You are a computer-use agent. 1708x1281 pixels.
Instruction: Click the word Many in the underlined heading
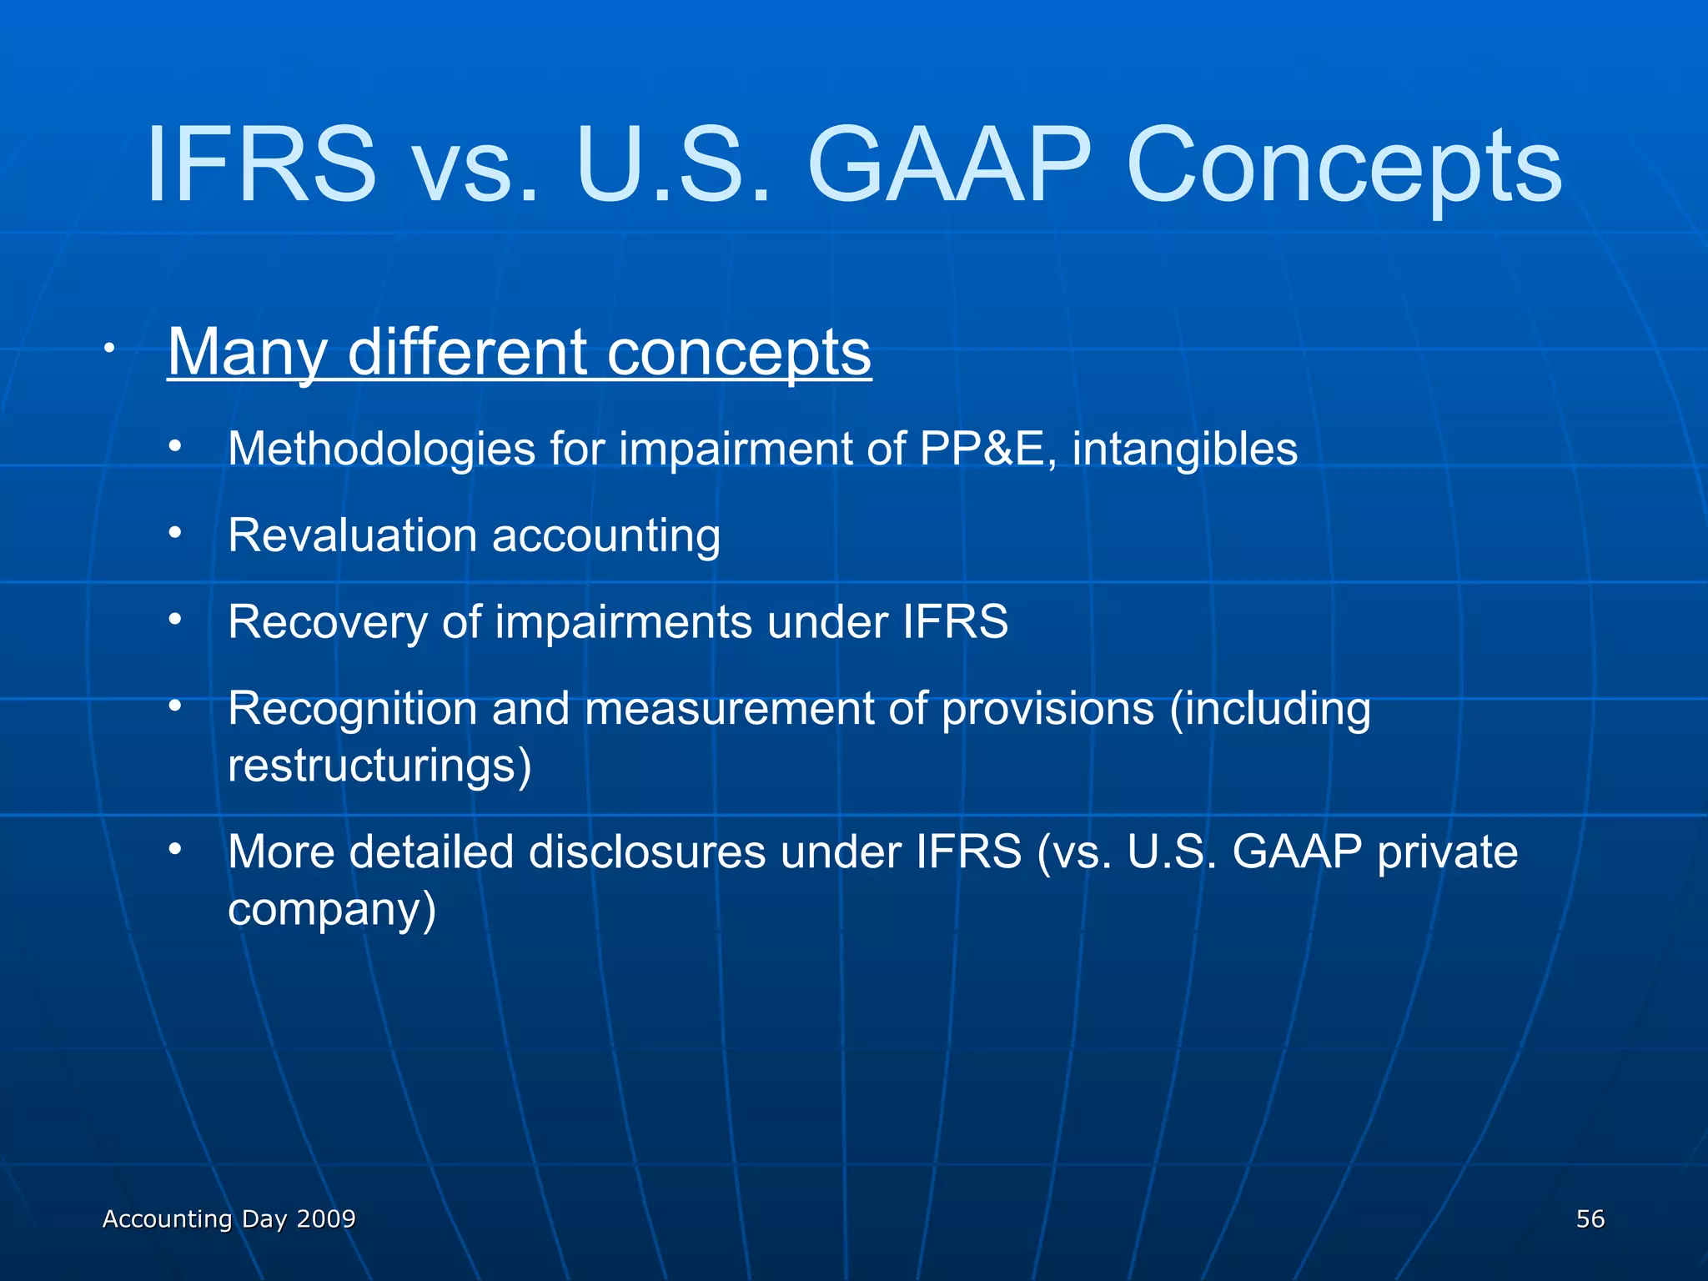[247, 352]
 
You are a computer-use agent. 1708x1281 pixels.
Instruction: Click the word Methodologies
[381, 450]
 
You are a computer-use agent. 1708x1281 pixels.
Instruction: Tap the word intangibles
[1184, 450]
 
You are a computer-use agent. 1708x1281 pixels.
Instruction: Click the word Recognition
[352, 709]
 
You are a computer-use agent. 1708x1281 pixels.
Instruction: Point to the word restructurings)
[379, 766]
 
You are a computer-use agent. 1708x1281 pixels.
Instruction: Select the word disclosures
[646, 852]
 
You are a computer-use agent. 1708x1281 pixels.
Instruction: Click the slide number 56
[1590, 1218]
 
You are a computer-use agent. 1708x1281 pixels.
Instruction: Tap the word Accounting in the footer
[167, 1218]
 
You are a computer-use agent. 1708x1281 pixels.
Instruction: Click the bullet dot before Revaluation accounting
[174, 532]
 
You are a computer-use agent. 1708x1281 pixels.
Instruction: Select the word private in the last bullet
[1447, 852]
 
